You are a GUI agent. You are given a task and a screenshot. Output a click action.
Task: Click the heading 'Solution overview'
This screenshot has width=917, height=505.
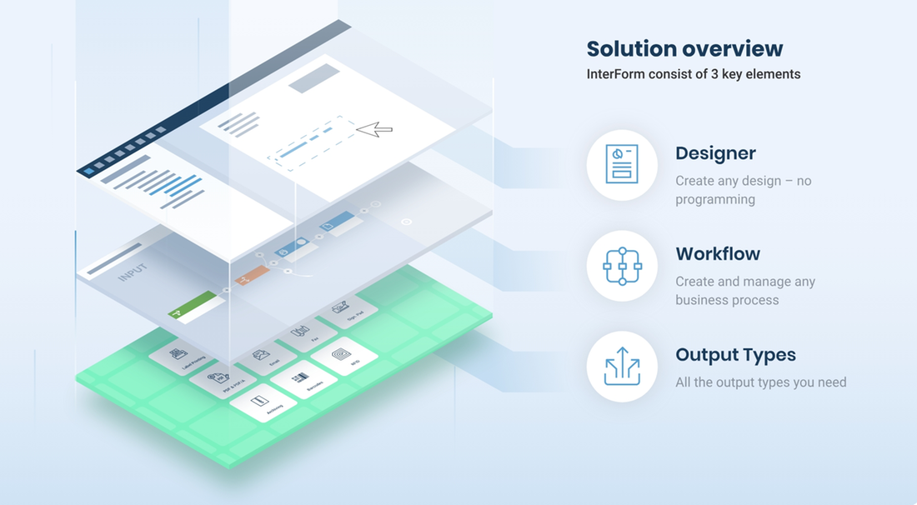(x=684, y=48)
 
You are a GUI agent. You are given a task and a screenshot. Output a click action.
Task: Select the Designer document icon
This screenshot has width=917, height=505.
(x=622, y=164)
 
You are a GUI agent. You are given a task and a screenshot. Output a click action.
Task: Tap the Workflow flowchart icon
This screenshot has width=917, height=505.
(x=622, y=266)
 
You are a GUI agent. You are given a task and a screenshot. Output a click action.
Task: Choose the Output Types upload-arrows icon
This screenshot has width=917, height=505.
(x=622, y=367)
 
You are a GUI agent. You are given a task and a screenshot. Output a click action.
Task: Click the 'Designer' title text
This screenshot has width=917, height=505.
(x=715, y=153)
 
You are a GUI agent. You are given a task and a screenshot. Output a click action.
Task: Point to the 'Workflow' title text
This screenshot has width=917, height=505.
(x=718, y=254)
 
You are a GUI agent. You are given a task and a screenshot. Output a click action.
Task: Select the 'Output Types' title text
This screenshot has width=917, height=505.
(x=735, y=355)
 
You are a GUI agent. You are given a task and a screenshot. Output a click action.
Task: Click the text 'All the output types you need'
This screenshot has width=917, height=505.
(x=760, y=382)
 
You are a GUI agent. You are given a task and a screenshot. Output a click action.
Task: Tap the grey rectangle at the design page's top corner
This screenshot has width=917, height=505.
(x=313, y=79)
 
